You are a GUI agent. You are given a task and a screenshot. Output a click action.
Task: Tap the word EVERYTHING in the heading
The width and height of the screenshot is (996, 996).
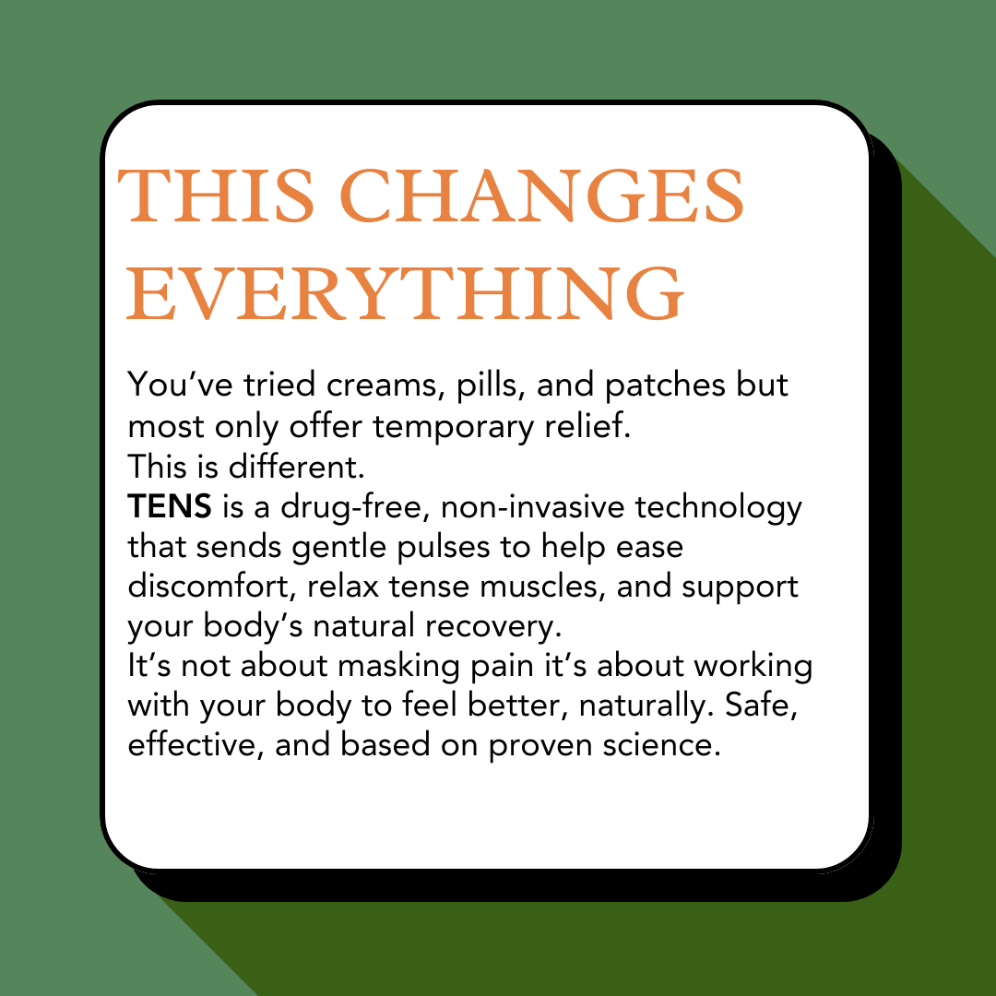pos(405,294)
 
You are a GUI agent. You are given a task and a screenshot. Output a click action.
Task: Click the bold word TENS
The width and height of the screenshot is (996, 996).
pos(170,507)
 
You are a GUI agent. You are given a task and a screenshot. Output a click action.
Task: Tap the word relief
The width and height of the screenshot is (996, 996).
pos(587,425)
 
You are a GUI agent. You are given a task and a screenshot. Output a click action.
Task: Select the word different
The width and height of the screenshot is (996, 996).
pos(297,467)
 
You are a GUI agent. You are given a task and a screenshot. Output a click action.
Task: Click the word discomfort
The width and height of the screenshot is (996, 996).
pos(212,587)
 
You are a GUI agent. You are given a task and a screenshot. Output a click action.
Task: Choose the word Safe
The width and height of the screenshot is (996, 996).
pos(761,705)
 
